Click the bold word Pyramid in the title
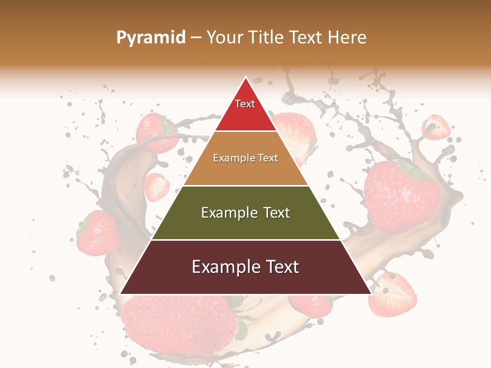150,38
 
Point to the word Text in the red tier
245,104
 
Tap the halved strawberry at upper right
436,128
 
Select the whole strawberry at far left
98,233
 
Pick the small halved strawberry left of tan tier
157,187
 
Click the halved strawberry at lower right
393,295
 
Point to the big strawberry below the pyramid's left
179,322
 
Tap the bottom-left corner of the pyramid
120,294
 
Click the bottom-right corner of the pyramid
371,294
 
